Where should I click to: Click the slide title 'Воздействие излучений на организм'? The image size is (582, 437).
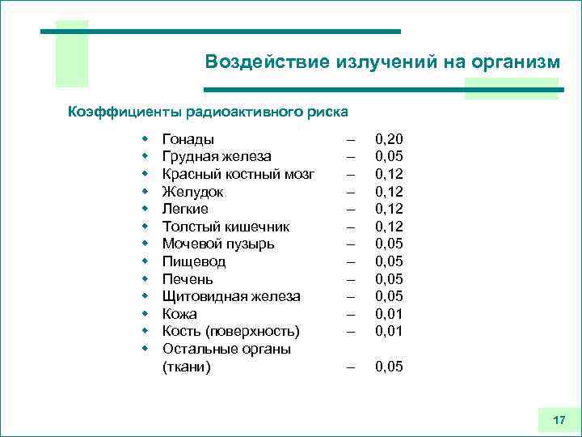382,62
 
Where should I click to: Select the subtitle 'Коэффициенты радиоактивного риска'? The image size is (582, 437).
208,110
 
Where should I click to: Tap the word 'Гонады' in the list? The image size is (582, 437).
188,139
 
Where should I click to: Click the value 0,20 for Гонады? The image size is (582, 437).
389,139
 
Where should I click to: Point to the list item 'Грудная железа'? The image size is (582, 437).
217,156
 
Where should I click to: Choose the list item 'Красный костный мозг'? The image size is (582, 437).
238,174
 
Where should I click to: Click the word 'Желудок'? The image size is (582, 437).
193,192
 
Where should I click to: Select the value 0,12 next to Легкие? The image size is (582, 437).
389,209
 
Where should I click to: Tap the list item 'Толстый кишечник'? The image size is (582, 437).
226,227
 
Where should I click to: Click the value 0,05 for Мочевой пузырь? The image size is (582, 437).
389,244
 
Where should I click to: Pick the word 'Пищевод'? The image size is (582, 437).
194,261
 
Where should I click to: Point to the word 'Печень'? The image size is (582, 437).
188,279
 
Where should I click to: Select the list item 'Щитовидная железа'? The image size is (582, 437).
231,296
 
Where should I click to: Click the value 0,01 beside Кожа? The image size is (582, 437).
389,313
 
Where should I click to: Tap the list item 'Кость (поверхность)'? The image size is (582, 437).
230,331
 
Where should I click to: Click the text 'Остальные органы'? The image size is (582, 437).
226,349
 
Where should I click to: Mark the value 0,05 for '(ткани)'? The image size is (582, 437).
389,367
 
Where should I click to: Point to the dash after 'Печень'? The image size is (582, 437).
351,279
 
